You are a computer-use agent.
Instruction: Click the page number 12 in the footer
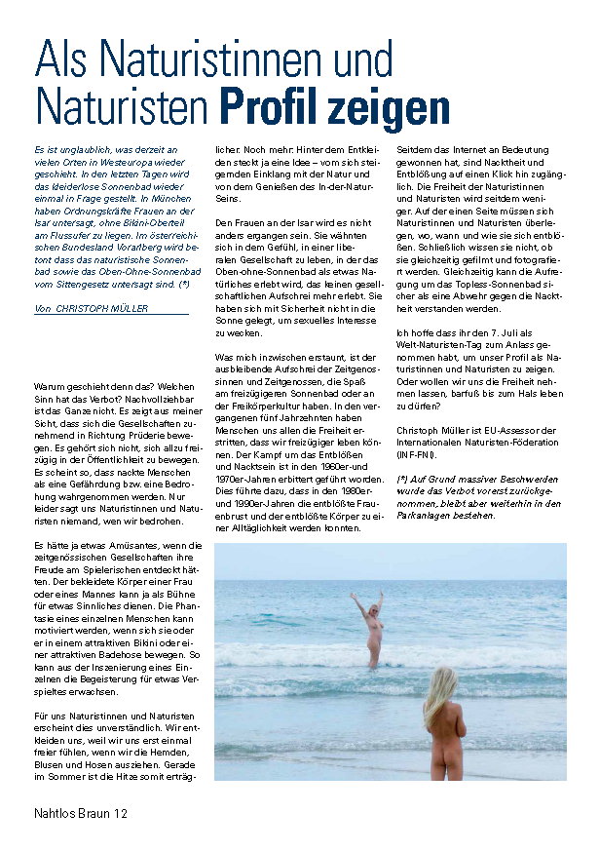[x=119, y=813]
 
